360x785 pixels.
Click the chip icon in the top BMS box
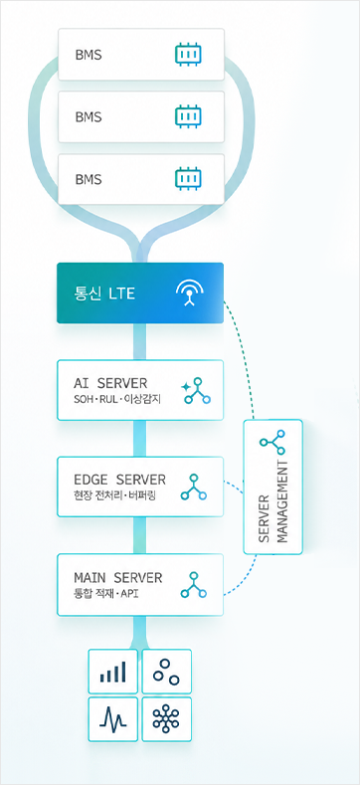[x=188, y=54]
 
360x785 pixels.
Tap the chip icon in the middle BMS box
[x=188, y=116]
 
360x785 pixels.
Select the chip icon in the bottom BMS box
[x=188, y=179]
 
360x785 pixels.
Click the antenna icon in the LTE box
[x=189, y=293]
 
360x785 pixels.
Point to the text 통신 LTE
[x=104, y=293]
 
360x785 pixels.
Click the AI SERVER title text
[x=110, y=383]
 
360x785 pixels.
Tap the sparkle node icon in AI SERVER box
[x=195, y=390]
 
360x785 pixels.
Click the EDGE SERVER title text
[x=119, y=480]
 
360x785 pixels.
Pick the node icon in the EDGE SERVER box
[x=194, y=488]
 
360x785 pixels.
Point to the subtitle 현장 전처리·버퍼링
[x=114, y=496]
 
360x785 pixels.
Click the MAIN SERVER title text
[x=118, y=577]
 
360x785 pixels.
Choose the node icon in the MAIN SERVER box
[x=194, y=585]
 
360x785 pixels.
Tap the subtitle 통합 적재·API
[x=105, y=594]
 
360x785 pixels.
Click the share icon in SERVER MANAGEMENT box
[x=272, y=442]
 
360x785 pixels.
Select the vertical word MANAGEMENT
[x=282, y=502]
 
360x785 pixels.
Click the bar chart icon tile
[x=112, y=672]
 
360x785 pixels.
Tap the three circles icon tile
[x=167, y=672]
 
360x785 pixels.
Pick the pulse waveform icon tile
[x=112, y=719]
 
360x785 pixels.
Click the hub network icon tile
[x=167, y=719]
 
